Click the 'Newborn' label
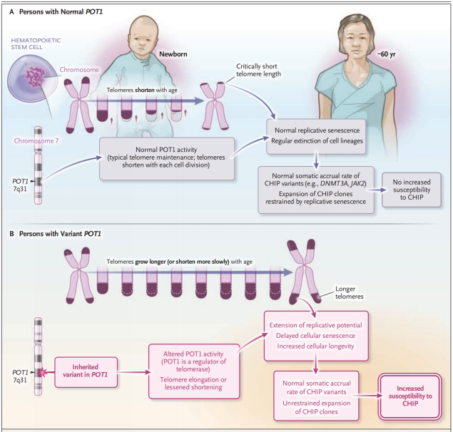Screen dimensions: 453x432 [173, 54]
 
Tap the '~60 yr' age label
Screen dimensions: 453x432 [386, 54]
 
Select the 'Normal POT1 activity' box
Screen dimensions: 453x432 [167, 158]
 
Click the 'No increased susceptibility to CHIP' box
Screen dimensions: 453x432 [412, 190]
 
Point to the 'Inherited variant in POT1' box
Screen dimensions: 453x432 [86, 372]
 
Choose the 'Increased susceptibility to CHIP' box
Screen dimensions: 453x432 [410, 396]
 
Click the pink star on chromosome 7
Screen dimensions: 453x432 [42, 373]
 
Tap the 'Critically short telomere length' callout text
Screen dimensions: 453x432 [258, 70]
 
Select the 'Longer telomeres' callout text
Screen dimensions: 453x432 [350, 292]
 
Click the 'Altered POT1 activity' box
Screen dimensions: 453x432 [194, 371]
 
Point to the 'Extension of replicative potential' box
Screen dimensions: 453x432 [316, 336]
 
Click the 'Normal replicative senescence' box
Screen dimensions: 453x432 [316, 136]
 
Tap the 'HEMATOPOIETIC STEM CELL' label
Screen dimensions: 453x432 [36, 43]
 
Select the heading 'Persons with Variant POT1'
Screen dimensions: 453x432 [60, 234]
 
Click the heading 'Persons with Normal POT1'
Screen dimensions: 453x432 [61, 12]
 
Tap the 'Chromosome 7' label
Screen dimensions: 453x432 [36, 141]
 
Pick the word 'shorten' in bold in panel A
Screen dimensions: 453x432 [144, 90]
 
